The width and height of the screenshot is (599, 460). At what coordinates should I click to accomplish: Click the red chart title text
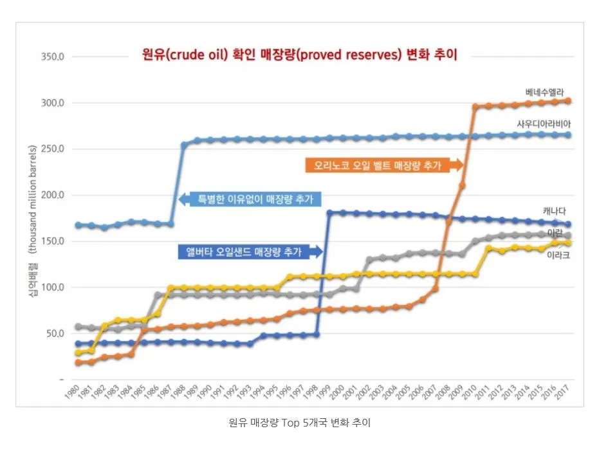click(x=299, y=55)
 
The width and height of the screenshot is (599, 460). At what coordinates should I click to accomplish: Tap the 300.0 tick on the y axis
click(x=53, y=103)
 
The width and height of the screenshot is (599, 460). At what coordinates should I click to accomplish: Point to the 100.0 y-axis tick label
click(x=53, y=288)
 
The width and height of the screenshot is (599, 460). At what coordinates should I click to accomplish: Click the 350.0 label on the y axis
click(x=53, y=57)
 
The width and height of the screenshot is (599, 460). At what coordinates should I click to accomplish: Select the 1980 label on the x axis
click(x=73, y=393)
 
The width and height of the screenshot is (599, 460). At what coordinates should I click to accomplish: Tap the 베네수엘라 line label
click(x=544, y=92)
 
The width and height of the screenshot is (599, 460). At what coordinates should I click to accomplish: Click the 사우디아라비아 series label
click(x=544, y=123)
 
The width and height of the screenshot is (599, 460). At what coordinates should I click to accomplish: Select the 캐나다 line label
click(x=555, y=211)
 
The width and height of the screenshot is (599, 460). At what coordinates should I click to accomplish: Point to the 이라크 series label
click(x=557, y=255)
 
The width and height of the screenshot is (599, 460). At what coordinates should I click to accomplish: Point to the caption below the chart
click(x=299, y=423)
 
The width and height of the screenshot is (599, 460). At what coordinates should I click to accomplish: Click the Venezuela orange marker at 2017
click(x=568, y=101)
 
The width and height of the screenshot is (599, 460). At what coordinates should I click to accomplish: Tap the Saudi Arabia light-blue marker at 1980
click(x=78, y=225)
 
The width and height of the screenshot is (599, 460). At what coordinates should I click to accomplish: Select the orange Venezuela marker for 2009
click(x=462, y=185)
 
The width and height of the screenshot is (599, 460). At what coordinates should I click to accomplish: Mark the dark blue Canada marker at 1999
click(x=329, y=213)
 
